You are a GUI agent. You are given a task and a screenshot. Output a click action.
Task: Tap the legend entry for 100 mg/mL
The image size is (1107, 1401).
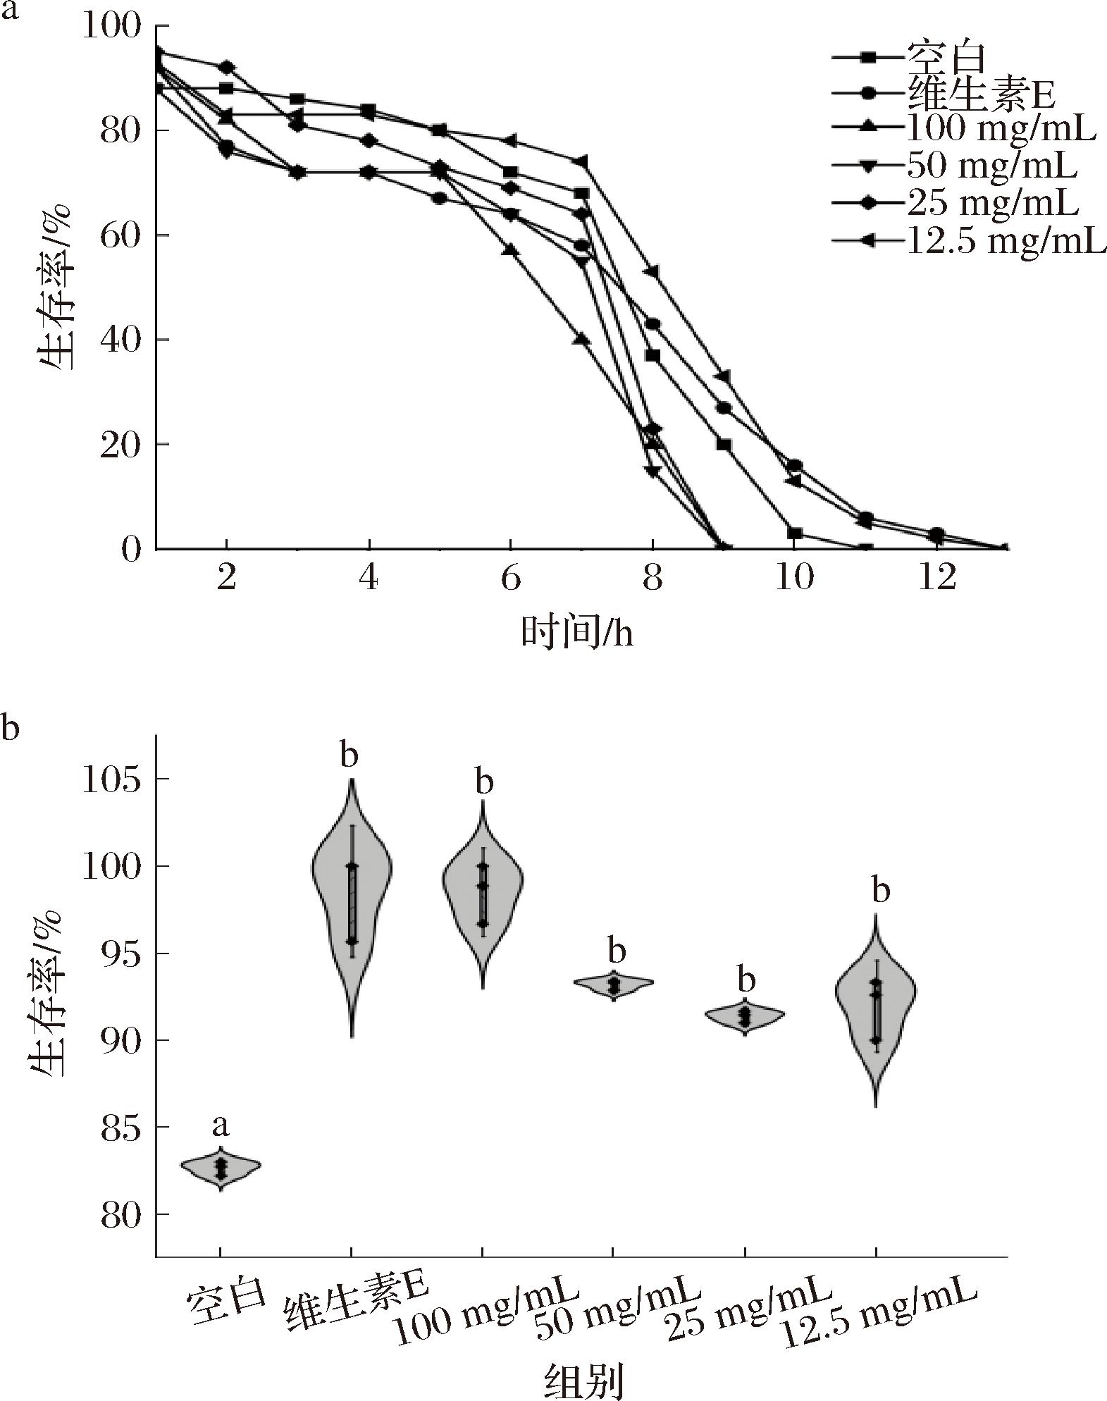pyautogui.click(x=1001, y=130)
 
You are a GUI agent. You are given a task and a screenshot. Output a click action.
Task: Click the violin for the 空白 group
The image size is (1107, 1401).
pyautogui.click(x=221, y=1168)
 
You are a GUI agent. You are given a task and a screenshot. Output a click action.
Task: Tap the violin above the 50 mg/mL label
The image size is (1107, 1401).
pyautogui.click(x=614, y=985)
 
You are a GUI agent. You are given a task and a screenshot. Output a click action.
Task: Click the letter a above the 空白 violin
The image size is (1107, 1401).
pyautogui.click(x=221, y=1126)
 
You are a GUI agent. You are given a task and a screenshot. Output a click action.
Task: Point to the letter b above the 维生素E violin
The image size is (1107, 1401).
pyautogui.click(x=350, y=757)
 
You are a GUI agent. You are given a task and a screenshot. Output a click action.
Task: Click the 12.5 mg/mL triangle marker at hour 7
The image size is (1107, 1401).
pyautogui.click(x=581, y=161)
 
